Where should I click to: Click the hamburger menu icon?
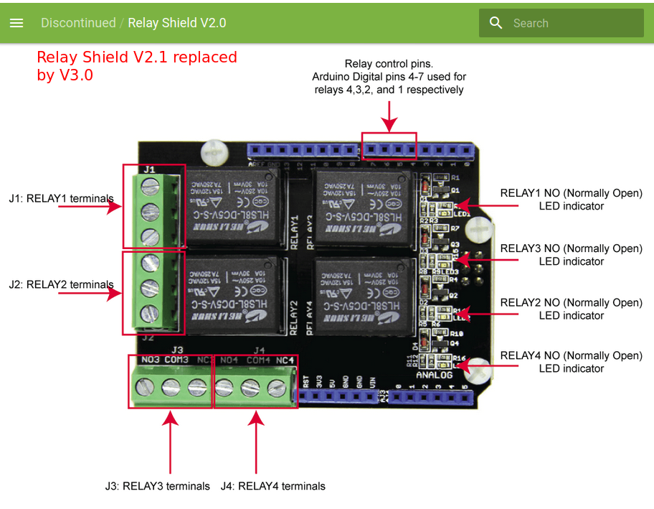click(16, 23)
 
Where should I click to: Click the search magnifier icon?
click(496, 23)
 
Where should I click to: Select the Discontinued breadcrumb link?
click(78, 23)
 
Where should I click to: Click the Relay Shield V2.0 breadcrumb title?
click(176, 23)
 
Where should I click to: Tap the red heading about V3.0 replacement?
click(136, 65)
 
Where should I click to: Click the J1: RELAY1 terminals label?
click(61, 198)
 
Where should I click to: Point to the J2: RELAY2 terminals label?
click(61, 284)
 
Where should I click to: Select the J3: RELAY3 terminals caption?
click(157, 486)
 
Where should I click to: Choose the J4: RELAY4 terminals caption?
click(272, 486)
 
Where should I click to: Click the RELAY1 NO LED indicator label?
click(571, 200)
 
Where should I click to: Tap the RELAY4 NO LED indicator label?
click(571, 362)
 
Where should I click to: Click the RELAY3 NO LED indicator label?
click(571, 255)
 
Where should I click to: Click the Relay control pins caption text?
click(389, 77)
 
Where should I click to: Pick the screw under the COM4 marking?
click(250, 388)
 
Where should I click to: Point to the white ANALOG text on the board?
click(435, 375)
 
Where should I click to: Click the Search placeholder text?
click(531, 23)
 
